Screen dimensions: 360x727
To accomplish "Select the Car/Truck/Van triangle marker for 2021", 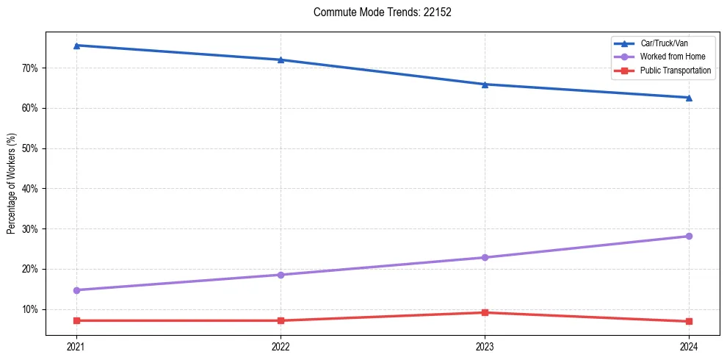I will [76, 46].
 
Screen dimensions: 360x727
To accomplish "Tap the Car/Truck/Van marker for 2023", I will [485, 84].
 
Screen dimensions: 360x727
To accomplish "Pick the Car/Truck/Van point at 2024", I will [689, 98].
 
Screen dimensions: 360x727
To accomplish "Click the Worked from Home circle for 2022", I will [281, 275].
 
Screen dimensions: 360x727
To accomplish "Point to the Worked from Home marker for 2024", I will [689, 236].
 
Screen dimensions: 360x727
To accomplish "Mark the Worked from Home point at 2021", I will [76, 290].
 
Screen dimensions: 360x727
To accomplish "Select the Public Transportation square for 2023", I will [485, 312].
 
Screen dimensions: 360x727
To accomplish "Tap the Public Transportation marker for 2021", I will [76, 320].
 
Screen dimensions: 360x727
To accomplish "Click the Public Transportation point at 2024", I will [689, 321].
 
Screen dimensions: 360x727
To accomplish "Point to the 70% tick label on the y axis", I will [30, 68].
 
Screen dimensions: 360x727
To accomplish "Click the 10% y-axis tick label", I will [30, 309].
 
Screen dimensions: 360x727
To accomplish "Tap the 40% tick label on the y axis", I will [30, 189].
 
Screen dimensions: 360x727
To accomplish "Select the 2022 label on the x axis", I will [281, 346].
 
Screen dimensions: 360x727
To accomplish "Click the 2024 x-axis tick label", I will [689, 346].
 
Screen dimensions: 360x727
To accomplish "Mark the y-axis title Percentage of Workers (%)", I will [11, 184].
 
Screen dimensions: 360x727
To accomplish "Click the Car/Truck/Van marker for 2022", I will [281, 60].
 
